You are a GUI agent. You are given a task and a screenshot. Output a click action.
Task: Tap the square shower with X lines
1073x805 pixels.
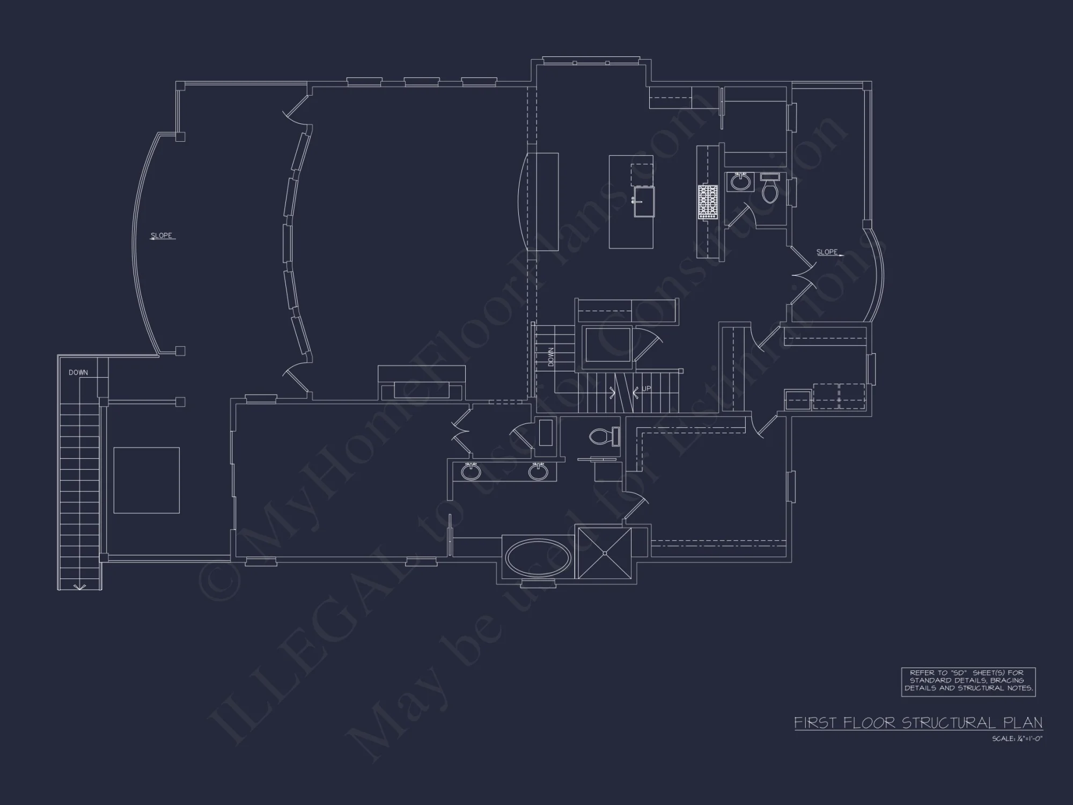605,553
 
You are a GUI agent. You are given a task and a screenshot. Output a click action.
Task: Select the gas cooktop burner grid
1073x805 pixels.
708,201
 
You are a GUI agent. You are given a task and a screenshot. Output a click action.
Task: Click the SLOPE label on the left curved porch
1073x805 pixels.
161,236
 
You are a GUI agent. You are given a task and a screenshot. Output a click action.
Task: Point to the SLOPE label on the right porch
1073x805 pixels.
827,252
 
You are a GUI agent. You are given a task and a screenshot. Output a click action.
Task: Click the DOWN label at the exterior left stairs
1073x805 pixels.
78,372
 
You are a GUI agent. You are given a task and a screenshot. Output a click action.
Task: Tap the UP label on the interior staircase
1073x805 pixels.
646,389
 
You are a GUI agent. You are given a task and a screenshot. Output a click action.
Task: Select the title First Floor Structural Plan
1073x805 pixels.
918,723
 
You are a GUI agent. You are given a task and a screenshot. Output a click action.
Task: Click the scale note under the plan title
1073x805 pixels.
1017,739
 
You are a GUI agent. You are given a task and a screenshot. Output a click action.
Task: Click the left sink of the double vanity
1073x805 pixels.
472,471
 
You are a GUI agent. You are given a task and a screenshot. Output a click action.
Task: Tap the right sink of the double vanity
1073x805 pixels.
538,471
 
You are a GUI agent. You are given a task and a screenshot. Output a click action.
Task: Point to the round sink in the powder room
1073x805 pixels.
741,182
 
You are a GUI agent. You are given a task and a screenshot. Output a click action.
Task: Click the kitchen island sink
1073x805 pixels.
644,201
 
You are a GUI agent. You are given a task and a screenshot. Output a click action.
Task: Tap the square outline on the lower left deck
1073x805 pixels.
146,480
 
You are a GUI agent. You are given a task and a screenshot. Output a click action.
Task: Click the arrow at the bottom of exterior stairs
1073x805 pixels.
79,587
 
